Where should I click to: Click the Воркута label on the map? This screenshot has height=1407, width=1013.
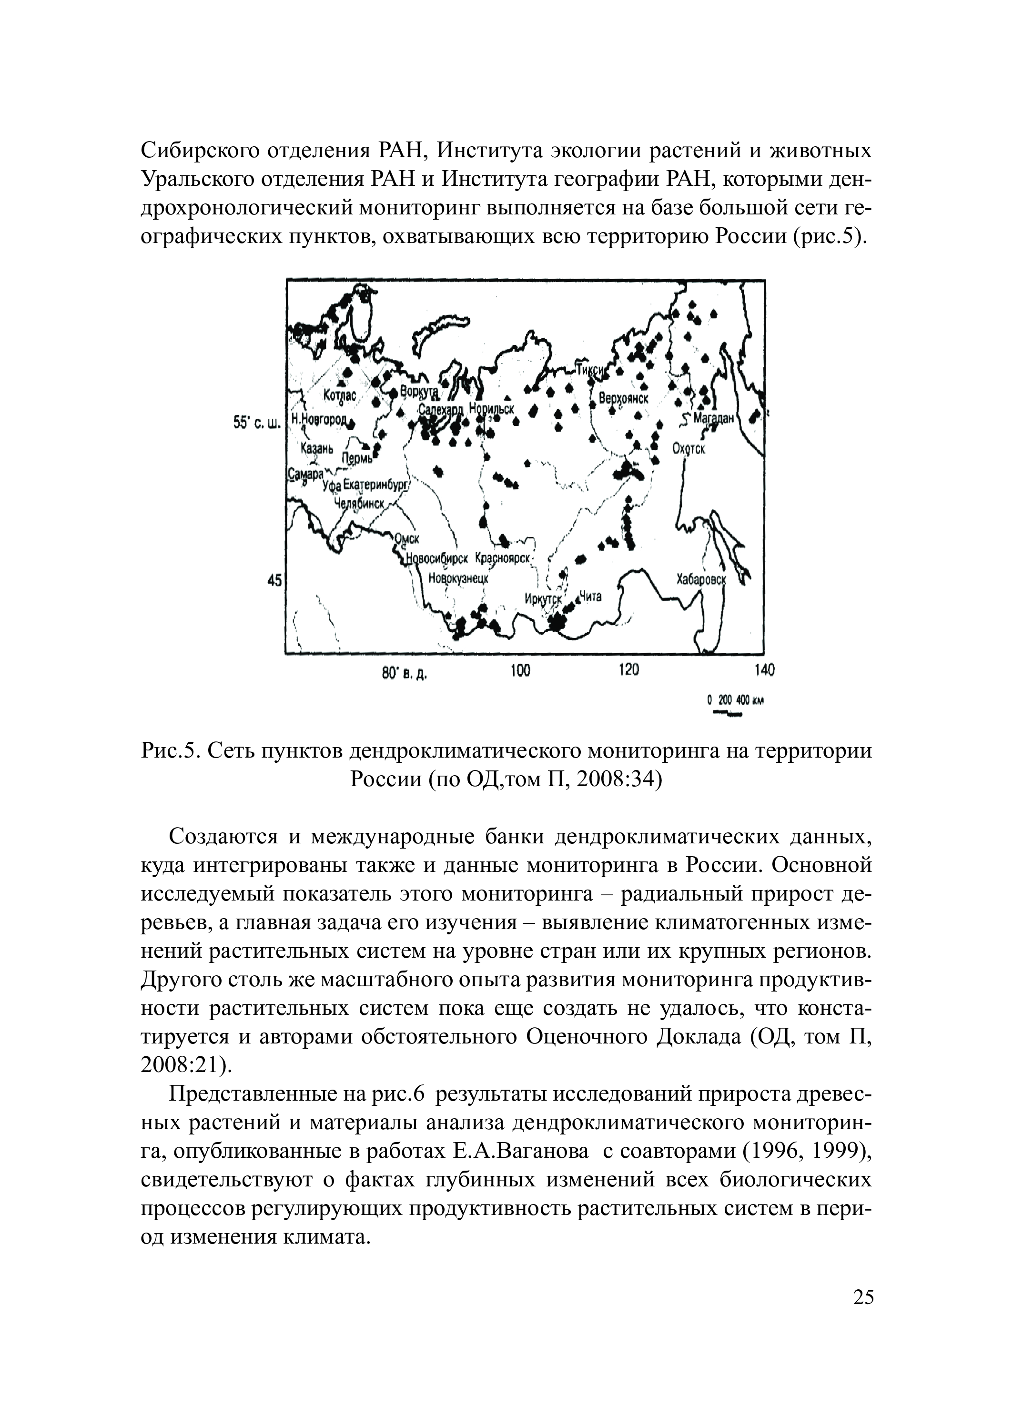[x=419, y=392]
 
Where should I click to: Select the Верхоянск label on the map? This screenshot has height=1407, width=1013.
[x=623, y=398]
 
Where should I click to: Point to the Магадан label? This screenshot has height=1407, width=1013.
[x=713, y=417]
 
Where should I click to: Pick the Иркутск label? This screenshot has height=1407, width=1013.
[x=543, y=598]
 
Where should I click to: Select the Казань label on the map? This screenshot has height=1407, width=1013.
[x=316, y=446]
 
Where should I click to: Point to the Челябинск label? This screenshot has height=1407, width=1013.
[x=359, y=503]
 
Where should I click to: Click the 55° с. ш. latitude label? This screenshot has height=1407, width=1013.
[x=257, y=424]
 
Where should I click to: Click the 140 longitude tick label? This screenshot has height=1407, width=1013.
[x=764, y=670]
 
